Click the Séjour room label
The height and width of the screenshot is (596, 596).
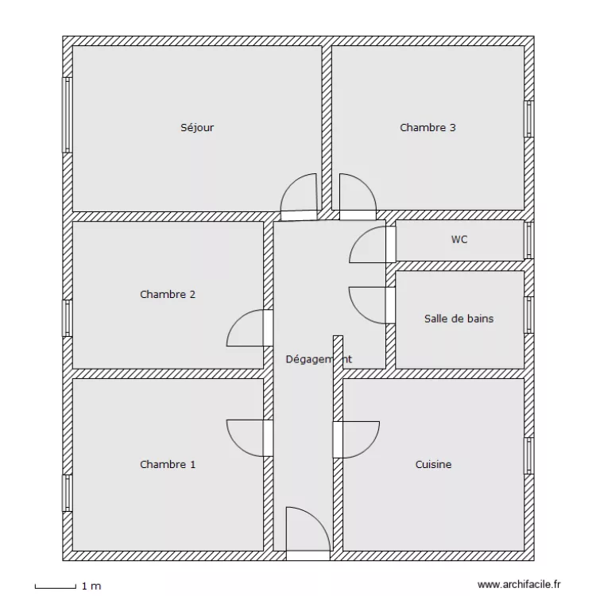tap(197, 127)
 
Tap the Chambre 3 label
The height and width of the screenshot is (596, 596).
tap(428, 127)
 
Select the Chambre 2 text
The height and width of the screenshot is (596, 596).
tap(168, 294)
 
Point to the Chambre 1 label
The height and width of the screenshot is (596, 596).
tap(168, 464)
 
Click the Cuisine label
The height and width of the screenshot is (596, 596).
tap(433, 464)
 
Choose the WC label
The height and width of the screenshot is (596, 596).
tap(459, 239)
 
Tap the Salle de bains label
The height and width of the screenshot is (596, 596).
tap(459, 319)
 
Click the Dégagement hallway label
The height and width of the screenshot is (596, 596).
tap(319, 359)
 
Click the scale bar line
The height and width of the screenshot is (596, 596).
tap(56, 588)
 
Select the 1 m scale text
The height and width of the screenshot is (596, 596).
tap(91, 586)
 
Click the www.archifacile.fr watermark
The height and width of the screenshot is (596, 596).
tap(519, 584)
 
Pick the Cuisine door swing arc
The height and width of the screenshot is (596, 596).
tap(370, 447)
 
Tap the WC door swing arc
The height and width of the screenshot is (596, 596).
tap(358, 237)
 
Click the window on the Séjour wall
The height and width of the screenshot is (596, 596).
tap(68, 114)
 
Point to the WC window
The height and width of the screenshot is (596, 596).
tap(529, 240)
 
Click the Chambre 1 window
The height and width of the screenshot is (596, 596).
tap(68, 493)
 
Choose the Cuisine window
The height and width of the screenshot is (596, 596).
tap(529, 456)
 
